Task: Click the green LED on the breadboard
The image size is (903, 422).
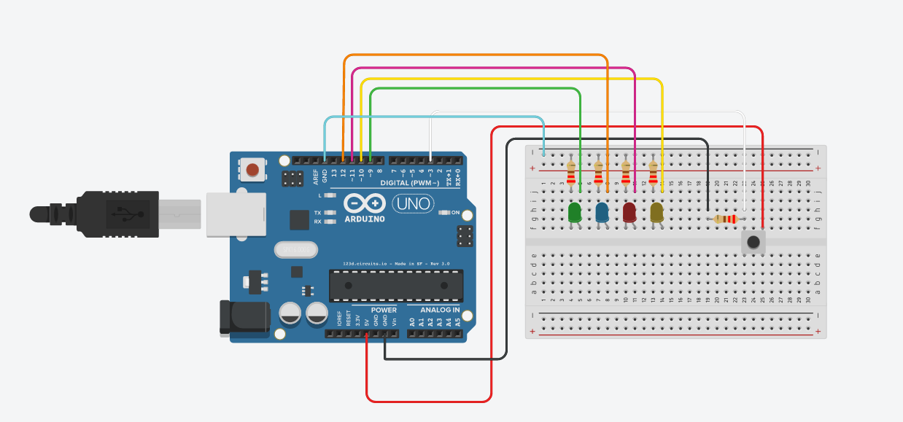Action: click(574, 212)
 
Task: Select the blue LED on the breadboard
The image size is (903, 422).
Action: click(602, 212)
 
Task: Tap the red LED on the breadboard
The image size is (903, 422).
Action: click(629, 212)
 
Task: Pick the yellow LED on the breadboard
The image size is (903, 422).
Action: click(656, 212)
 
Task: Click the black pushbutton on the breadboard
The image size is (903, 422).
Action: click(753, 242)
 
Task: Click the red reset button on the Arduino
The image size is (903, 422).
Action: click(252, 171)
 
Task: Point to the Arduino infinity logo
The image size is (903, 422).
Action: click(363, 203)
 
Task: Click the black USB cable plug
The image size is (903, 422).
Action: click(117, 214)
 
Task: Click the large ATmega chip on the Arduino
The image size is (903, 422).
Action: click(395, 285)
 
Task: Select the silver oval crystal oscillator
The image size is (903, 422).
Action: click(296, 250)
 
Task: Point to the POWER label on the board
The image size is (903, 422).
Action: click(384, 310)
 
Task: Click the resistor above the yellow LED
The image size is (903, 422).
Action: click(653, 173)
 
